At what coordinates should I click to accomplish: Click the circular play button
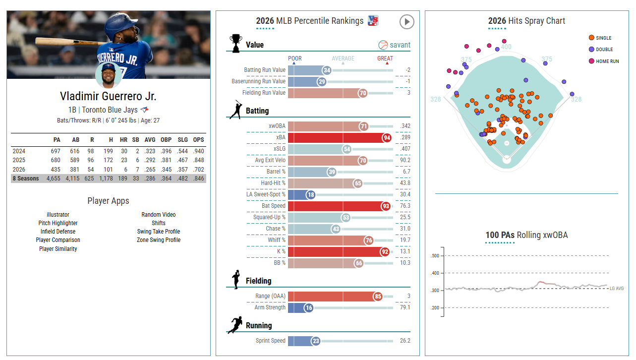click(406, 22)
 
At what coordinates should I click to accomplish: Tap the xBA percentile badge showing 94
click(387, 138)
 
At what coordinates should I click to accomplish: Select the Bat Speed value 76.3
click(405, 206)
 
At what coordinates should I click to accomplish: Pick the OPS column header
click(198, 140)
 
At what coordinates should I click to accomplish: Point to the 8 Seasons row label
click(26, 179)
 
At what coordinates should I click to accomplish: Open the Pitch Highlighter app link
click(58, 223)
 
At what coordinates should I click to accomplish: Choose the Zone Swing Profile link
click(159, 240)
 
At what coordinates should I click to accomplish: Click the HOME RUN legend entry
click(604, 61)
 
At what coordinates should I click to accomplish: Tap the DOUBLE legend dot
click(591, 50)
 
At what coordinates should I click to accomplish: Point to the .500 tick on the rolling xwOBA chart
click(435, 255)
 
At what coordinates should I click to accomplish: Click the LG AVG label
click(617, 289)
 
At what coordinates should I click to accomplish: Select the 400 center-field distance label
click(506, 47)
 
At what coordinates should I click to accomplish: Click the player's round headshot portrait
click(109, 75)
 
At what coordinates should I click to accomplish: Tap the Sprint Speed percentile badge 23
click(316, 341)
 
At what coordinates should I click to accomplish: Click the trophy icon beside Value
click(235, 44)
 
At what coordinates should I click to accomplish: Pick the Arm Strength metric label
click(270, 307)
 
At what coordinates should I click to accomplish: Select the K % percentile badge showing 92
click(385, 251)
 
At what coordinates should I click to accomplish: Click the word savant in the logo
click(400, 45)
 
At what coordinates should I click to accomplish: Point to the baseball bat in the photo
click(71, 42)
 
